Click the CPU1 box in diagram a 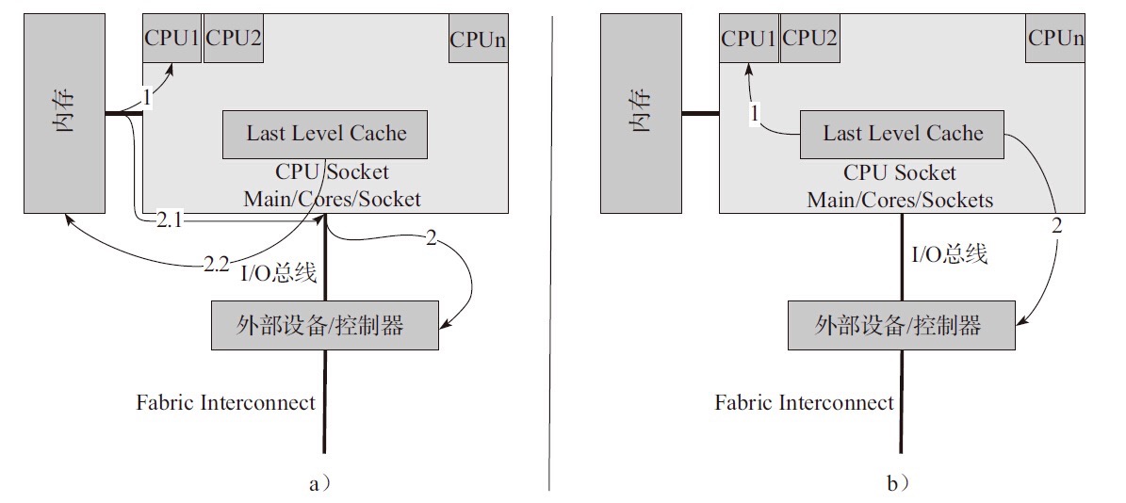pyautogui.click(x=171, y=39)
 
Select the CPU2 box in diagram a pyautogui.click(x=233, y=39)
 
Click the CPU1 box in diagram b pyautogui.click(x=748, y=39)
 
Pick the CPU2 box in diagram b pyautogui.click(x=809, y=39)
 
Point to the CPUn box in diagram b pyautogui.click(x=1055, y=39)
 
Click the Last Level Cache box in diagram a pyautogui.click(x=325, y=134)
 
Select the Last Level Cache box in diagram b pyautogui.click(x=902, y=134)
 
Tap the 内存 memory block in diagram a pyautogui.click(x=64, y=113)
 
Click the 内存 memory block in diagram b pyautogui.click(x=641, y=113)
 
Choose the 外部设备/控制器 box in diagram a pyautogui.click(x=325, y=325)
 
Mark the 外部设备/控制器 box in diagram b pyautogui.click(x=902, y=325)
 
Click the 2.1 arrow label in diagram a pyautogui.click(x=170, y=219)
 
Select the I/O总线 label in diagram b pyautogui.click(x=949, y=253)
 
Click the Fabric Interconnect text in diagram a pyautogui.click(x=225, y=403)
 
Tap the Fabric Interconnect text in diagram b pyautogui.click(x=804, y=403)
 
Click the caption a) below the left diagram pyautogui.click(x=319, y=483)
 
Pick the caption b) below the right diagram pyautogui.click(x=897, y=483)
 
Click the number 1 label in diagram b pyautogui.click(x=754, y=113)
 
